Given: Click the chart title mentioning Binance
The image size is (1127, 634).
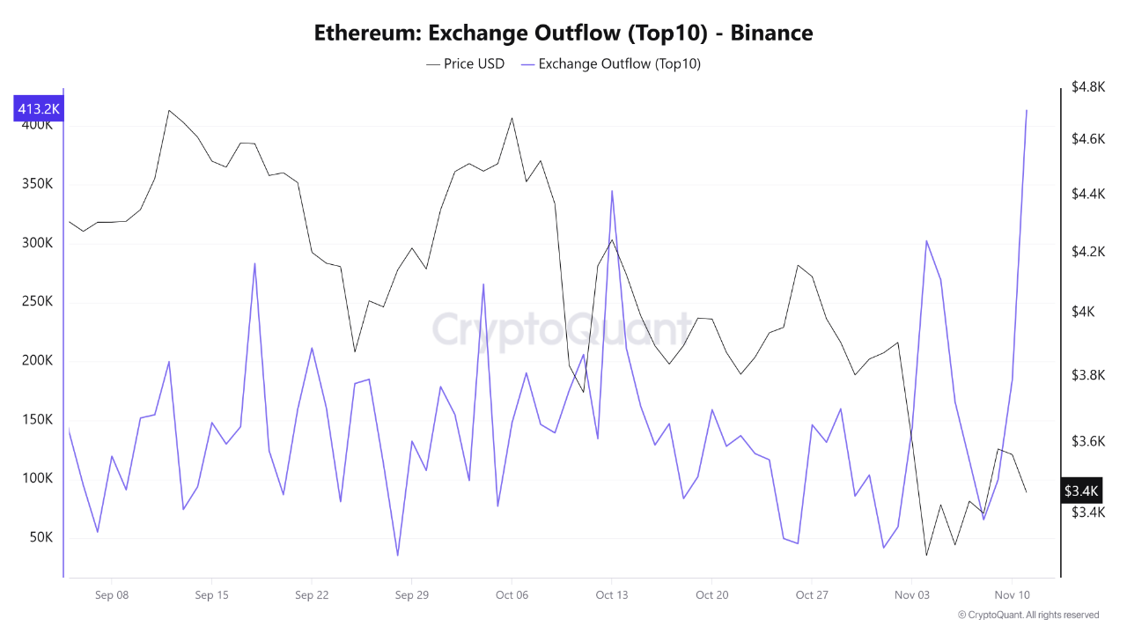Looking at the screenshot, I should coord(563,33).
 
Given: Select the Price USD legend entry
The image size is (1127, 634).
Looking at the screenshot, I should coord(466,63).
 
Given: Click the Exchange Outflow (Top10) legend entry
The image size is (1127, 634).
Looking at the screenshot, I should coord(611,63).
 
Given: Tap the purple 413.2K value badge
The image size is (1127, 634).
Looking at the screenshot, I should coord(39,109).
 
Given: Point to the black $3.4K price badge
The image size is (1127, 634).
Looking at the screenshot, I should coord(1080,490).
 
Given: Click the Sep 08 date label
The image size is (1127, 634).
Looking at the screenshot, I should coord(112,595).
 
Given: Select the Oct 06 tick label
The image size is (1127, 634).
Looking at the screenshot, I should coord(512,595).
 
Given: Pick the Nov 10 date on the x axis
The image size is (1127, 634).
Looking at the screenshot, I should coord(1012,595).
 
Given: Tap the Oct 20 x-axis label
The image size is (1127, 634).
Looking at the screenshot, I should coord(711,595).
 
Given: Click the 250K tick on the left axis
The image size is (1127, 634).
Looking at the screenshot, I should coord(36,302).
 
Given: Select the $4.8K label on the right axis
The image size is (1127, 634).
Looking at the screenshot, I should coord(1088,87).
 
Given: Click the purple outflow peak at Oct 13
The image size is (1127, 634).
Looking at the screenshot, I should coord(611,191).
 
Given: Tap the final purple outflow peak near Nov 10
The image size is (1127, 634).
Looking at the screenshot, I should coord(1027,111).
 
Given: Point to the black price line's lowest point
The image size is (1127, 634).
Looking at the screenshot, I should coord(926,555).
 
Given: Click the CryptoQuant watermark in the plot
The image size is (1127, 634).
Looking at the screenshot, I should coord(562,330).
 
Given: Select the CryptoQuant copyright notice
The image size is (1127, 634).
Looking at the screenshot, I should coord(1028,615).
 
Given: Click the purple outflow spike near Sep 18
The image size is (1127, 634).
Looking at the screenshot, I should coord(254,263).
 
